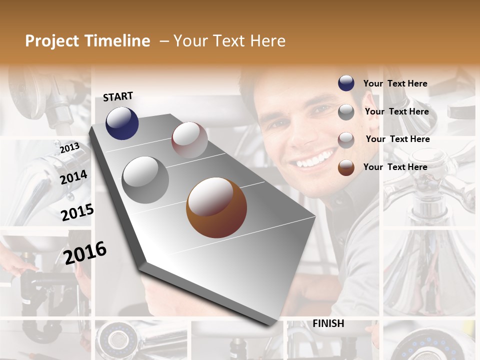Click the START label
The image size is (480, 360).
coord(118,96)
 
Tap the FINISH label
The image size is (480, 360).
coord(328,323)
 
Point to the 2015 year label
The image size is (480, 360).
coord(77,212)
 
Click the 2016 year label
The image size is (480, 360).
coord(85,252)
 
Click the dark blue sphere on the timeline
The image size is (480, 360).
coord(122,123)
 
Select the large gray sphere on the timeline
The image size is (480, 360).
coord(145,180)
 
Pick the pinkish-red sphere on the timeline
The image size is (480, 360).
coord(189,140)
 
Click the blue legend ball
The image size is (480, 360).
coord(346,83)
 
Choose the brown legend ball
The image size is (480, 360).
coord(346,167)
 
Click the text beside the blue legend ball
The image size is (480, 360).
coord(395,83)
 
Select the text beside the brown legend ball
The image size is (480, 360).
coord(395,167)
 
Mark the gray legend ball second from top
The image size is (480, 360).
coord(346,112)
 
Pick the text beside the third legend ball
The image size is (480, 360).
coord(397,139)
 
